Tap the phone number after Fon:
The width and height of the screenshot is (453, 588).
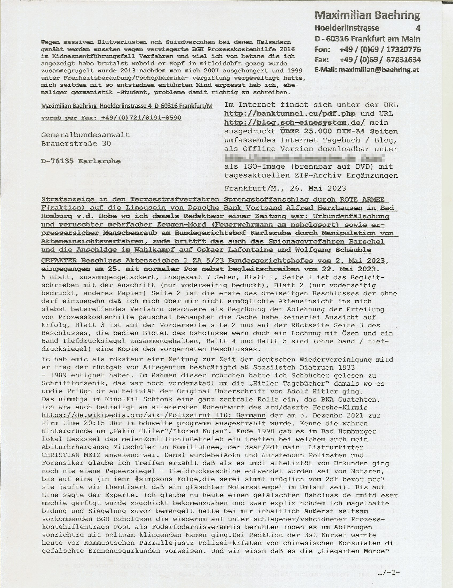click(x=380, y=49)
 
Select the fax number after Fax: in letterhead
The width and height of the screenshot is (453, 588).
click(x=380, y=60)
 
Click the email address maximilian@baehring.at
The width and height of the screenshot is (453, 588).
click(x=379, y=70)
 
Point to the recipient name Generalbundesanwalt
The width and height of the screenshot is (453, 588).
click(x=85, y=135)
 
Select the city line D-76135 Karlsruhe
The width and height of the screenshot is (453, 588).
click(x=81, y=161)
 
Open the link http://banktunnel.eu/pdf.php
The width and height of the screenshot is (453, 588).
click(x=290, y=114)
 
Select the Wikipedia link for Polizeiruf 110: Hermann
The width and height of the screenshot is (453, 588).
click(x=154, y=415)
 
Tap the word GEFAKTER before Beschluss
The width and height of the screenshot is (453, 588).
click(x=59, y=261)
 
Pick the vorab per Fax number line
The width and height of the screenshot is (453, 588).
click(x=111, y=118)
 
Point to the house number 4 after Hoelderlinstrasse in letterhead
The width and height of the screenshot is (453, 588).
click(x=418, y=28)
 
